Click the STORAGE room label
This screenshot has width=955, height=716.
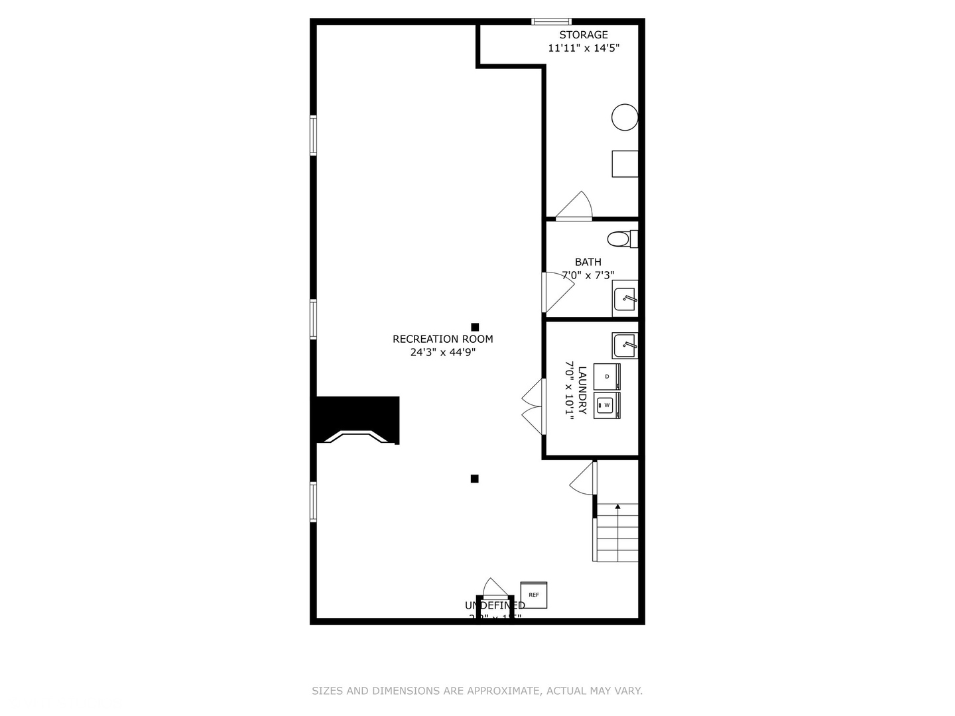coord(583,35)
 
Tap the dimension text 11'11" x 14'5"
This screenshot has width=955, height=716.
coord(583,48)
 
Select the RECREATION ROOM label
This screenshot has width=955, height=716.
coord(442,339)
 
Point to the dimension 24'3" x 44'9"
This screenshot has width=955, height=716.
coord(442,353)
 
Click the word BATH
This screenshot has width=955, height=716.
coord(588,262)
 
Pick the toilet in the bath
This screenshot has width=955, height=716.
coord(619,239)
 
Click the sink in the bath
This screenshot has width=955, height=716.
coord(625,299)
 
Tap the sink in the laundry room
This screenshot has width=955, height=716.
coord(625,345)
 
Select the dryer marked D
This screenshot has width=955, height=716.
coord(607,377)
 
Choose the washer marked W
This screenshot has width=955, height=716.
coord(607,405)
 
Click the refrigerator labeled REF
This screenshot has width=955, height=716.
coord(533,595)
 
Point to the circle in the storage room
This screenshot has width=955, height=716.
coord(625,117)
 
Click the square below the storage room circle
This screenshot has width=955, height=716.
coord(625,164)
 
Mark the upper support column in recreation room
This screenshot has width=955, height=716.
coord(475,327)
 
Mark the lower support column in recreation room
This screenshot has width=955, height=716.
coord(474,479)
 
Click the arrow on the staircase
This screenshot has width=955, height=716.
coord(617,507)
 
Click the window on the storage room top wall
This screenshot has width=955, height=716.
coord(552,22)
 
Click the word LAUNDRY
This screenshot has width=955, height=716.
coord(582,390)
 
